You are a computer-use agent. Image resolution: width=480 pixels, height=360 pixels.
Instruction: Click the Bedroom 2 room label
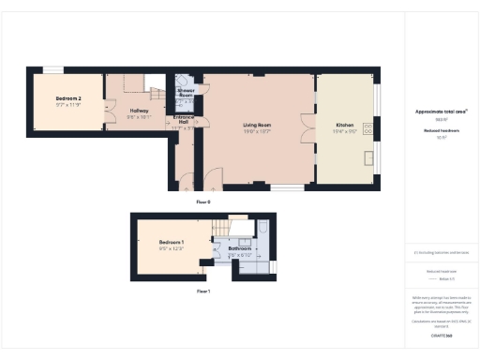67,98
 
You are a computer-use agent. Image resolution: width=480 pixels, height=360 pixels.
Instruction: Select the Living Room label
257,125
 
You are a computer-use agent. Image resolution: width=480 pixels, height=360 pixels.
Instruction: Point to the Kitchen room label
345,125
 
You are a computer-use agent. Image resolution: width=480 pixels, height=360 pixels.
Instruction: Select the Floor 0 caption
202,202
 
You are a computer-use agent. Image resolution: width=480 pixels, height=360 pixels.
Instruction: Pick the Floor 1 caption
202,292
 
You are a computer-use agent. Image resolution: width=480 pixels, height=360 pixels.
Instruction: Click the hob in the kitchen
369,127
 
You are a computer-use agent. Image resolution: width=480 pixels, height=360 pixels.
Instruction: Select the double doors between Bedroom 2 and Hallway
105,103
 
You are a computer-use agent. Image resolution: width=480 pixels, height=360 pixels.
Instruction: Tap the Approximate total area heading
441,112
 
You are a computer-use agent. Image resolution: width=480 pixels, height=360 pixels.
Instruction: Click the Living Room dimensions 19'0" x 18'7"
257,131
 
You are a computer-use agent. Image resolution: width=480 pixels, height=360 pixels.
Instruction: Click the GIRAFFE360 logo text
441,335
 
